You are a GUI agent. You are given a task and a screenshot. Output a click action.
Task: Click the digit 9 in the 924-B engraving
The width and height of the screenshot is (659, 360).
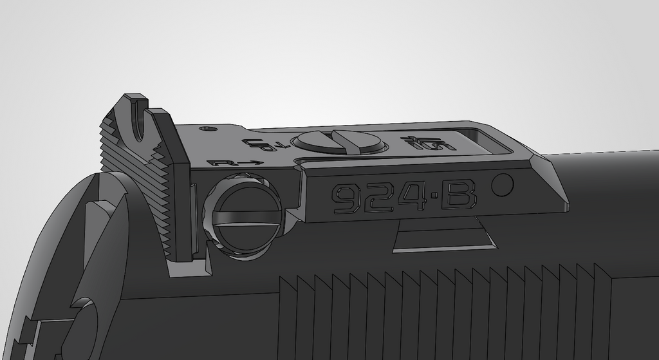[346, 198]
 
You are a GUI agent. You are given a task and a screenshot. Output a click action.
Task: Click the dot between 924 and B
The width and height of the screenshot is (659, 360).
[434, 196]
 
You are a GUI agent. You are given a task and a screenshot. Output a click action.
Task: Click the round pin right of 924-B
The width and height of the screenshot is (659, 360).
[503, 185]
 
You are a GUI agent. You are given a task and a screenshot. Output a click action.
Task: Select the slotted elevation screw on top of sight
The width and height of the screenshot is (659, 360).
[338, 142]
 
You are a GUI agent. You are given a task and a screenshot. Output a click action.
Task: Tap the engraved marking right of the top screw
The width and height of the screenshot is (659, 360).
[427, 142]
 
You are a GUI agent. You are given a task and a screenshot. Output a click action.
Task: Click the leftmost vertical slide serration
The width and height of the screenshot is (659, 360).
[288, 316]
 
